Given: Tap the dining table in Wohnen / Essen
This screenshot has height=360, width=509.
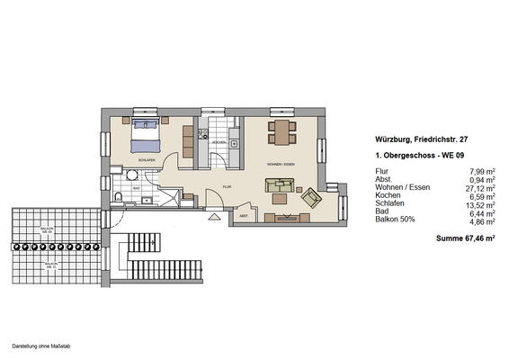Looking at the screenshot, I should [281, 132].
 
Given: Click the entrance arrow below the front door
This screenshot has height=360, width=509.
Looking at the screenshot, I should [213, 216].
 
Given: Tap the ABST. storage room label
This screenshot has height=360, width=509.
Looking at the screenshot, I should [244, 216].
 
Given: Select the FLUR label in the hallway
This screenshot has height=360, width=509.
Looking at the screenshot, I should [228, 186].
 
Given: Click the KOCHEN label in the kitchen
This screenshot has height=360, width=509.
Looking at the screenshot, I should [218, 143].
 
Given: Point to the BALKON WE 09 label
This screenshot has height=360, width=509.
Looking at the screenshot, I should [48, 230].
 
